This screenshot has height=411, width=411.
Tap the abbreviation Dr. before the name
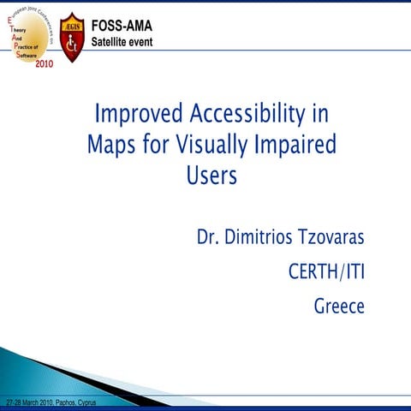pos(211,236)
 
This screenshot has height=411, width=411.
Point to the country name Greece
pos(339,306)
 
